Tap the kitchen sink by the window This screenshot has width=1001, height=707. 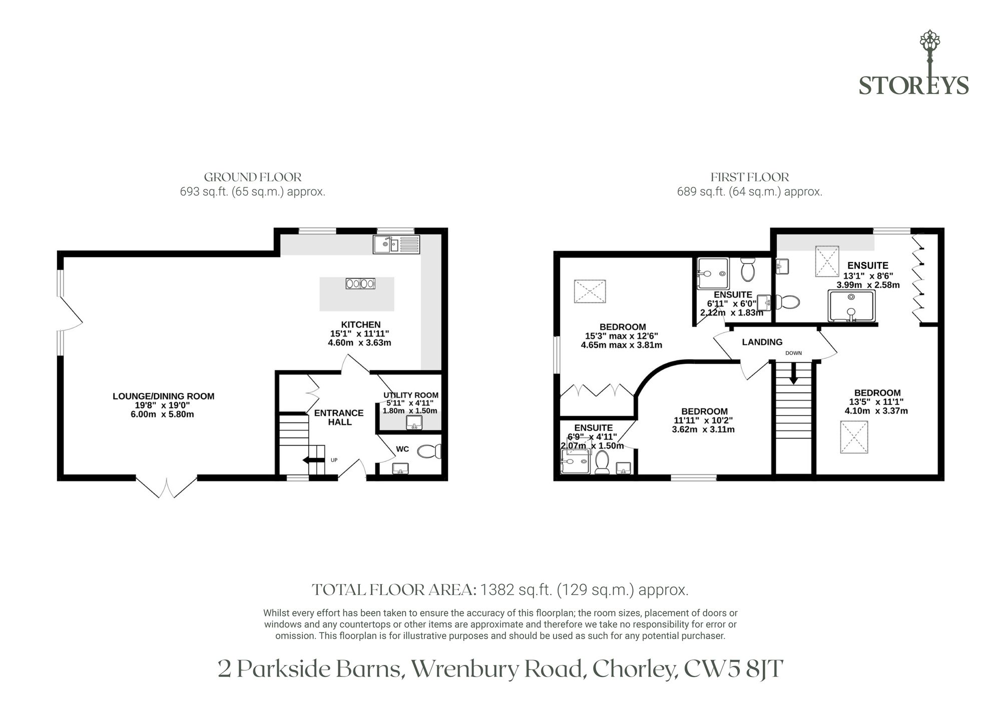point(397,244)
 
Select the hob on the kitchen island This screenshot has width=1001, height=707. point(360,283)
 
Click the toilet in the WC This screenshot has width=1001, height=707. point(429,451)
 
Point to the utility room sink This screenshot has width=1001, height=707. point(414,423)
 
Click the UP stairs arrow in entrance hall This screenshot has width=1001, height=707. point(311,460)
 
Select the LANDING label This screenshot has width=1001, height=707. point(762,342)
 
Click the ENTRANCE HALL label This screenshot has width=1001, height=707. point(339,417)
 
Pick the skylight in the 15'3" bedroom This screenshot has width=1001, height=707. point(590,291)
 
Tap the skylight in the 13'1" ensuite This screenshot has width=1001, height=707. point(827,261)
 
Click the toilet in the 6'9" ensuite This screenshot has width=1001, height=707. point(602,462)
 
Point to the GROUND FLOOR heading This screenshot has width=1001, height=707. point(253,177)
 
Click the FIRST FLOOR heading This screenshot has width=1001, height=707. point(750,177)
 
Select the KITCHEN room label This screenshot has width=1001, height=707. point(361,325)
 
